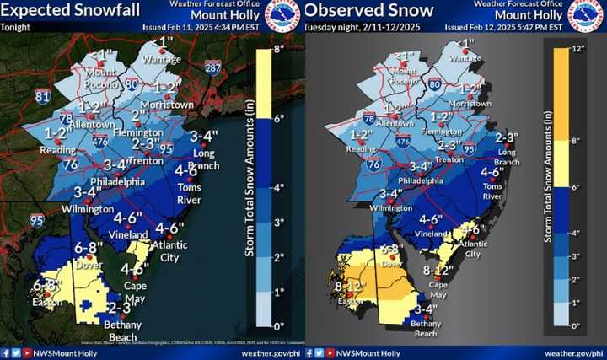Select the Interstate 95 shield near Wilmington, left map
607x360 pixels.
(36, 221)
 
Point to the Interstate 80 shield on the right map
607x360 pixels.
(434, 83)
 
